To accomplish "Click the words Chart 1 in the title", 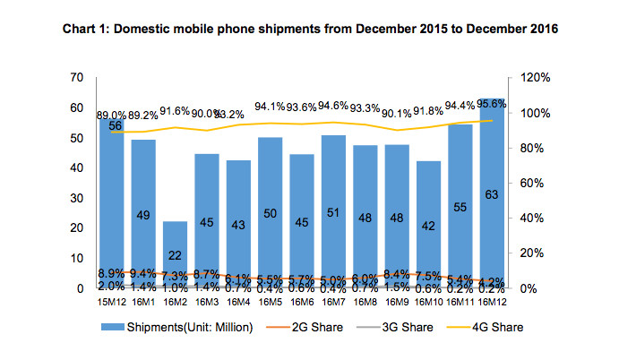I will [x=88, y=30].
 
